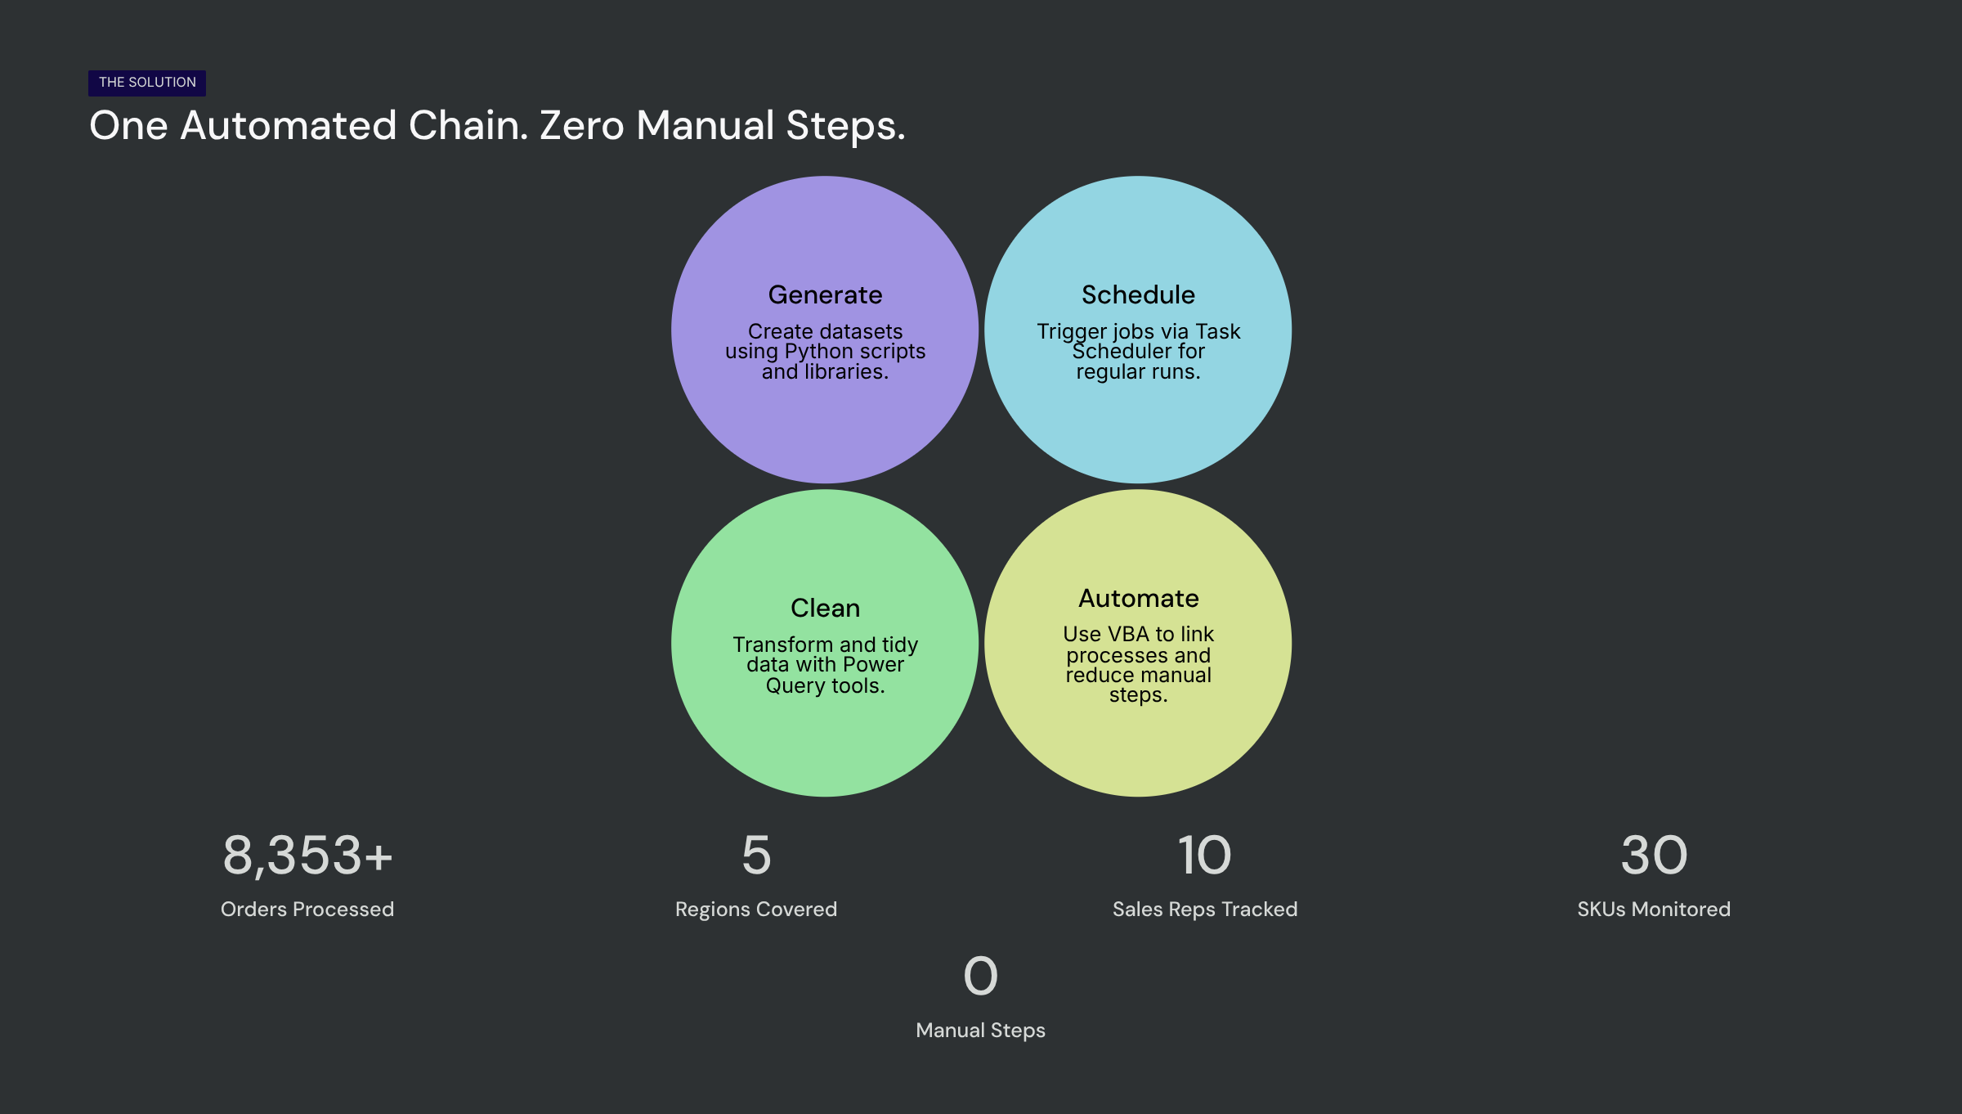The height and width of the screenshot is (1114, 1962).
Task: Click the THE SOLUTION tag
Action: click(147, 83)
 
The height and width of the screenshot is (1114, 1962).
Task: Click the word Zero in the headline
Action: click(582, 126)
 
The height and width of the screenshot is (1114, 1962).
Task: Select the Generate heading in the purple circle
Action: click(825, 294)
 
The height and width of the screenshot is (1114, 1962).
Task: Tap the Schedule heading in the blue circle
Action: click(1138, 294)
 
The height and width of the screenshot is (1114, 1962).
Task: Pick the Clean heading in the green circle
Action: click(825, 608)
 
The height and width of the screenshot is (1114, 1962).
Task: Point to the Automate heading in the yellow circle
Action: click(1138, 598)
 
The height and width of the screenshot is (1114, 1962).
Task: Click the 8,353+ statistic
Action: click(307, 856)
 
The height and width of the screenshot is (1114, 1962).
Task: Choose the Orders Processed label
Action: click(307, 909)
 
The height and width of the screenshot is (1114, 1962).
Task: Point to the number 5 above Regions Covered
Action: click(756, 856)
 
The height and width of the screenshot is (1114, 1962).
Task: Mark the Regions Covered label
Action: click(756, 910)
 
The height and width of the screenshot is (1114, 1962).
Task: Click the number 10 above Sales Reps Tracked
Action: click(1204, 856)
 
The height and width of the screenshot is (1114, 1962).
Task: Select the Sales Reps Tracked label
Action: click(1205, 910)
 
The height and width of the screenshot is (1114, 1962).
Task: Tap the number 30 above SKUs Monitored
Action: click(1654, 856)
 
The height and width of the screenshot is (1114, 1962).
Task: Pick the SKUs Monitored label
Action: click(1654, 909)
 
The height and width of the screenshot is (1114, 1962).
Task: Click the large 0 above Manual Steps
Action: click(981, 976)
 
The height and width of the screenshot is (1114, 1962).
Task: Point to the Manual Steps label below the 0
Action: click(981, 1031)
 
